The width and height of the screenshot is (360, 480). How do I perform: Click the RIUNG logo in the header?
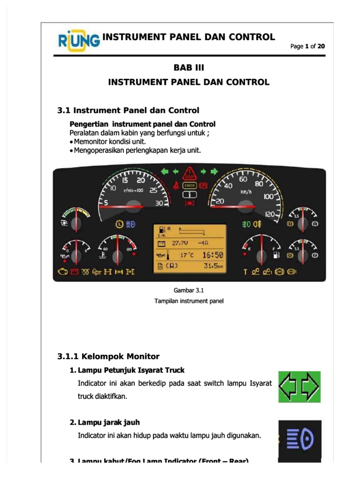[79, 41]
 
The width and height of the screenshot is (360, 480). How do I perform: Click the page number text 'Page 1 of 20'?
[307, 46]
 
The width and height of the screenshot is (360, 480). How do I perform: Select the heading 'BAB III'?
[189, 67]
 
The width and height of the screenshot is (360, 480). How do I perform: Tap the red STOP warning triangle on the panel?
[189, 172]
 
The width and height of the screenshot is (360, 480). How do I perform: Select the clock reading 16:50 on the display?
[212, 255]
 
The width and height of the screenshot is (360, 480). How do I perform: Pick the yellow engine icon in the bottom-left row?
[62, 271]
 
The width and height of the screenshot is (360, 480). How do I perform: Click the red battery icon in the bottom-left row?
[74, 271]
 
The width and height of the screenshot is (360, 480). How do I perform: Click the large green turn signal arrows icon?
[299, 387]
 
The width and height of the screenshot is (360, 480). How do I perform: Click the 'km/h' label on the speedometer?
[246, 192]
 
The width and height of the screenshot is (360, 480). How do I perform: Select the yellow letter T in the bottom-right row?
[245, 271]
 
